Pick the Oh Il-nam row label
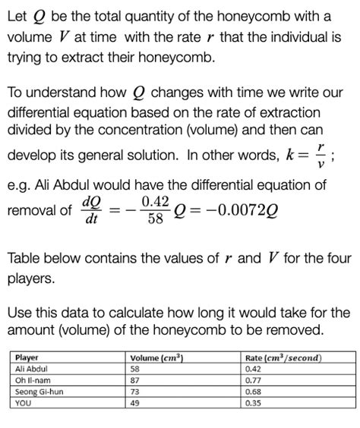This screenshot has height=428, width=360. coord(32,380)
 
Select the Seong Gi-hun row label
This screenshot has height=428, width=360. coord(38,392)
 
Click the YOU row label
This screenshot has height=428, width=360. coord(24,403)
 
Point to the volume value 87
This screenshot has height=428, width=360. coord(135,380)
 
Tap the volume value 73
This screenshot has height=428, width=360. coord(135,392)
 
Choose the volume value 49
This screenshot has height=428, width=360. coord(135,403)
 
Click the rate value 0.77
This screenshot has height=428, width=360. coord(252,380)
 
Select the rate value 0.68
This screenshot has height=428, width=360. coord(252,392)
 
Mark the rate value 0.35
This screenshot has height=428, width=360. coord(252,403)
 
